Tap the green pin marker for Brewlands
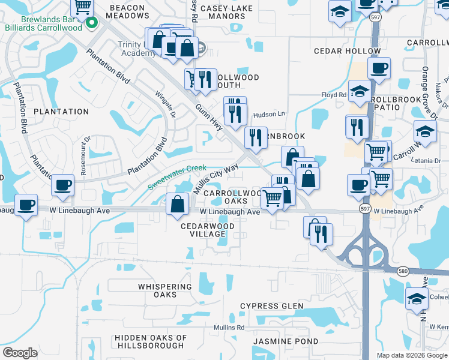tap(92, 24)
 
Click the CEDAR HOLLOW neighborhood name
tap(340, 52)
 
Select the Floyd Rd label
tap(334, 95)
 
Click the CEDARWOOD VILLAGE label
tap(208, 230)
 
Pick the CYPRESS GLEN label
tap(271, 306)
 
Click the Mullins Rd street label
tap(232, 328)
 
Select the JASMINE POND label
tap(277, 341)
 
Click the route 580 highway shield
tap(401, 271)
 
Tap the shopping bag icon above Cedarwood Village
tap(178, 204)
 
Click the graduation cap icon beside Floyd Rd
tap(360, 92)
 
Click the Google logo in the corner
tap(19, 353)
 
